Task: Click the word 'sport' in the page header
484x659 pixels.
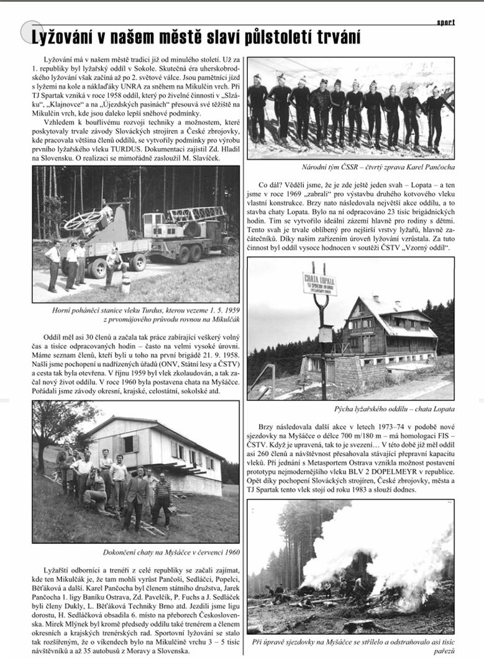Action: (x=445, y=22)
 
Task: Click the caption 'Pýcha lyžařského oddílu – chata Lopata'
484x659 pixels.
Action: (x=350, y=409)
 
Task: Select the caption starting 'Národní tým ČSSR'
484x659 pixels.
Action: (x=350, y=167)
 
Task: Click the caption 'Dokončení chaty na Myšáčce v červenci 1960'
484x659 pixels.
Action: (x=135, y=552)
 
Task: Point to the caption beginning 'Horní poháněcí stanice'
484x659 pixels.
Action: (x=135, y=314)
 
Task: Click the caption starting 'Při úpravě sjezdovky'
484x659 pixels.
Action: (x=350, y=643)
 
